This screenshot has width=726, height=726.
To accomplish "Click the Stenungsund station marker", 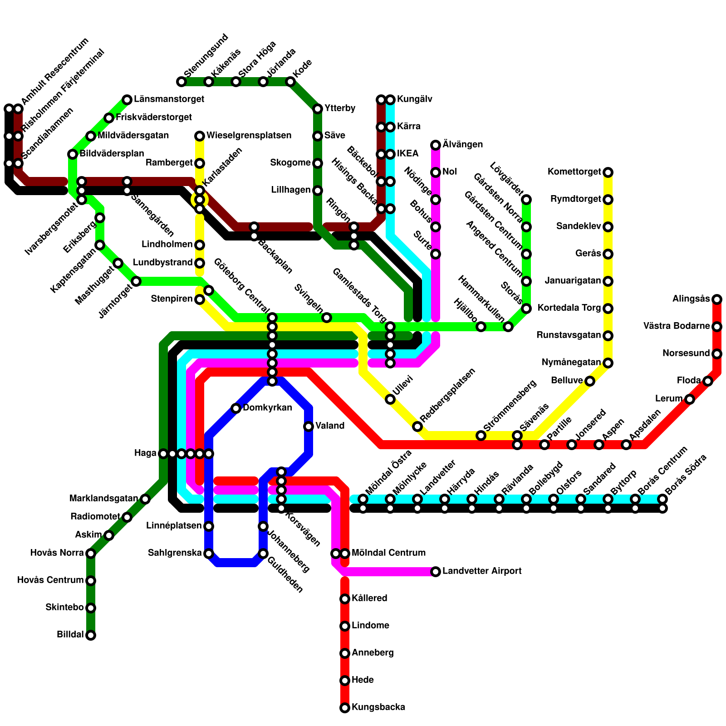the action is tap(181, 82).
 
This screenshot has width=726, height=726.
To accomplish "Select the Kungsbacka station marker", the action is tap(345, 708).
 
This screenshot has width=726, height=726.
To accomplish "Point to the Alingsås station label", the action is tap(691, 299).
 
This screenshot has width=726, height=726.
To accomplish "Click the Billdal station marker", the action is tap(91, 635).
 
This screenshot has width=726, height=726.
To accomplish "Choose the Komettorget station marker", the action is tap(608, 172).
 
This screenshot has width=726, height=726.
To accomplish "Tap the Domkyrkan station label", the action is tap(267, 408).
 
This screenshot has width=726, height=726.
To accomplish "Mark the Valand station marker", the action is tap(309, 427).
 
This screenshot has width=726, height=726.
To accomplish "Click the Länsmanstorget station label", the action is tap(169, 99).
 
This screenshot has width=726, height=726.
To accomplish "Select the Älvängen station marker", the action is tap(436, 145).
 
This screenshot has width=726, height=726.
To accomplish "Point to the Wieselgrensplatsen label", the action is tap(249, 136).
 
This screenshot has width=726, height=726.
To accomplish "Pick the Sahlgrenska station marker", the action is tap(209, 554).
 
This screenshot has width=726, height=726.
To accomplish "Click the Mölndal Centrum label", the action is tap(388, 553).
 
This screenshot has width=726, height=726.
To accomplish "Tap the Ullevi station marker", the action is tap(390, 399).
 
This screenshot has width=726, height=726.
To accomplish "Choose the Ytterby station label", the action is tap(340, 108).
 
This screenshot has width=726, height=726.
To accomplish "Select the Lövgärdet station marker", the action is tap(526, 200).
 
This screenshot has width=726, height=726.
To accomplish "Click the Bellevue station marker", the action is tap(590, 381).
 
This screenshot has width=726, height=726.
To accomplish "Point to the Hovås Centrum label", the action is tap(50, 580).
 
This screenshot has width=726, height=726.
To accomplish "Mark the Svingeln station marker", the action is tap(327, 318).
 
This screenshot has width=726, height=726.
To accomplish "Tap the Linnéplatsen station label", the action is tap(174, 526).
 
